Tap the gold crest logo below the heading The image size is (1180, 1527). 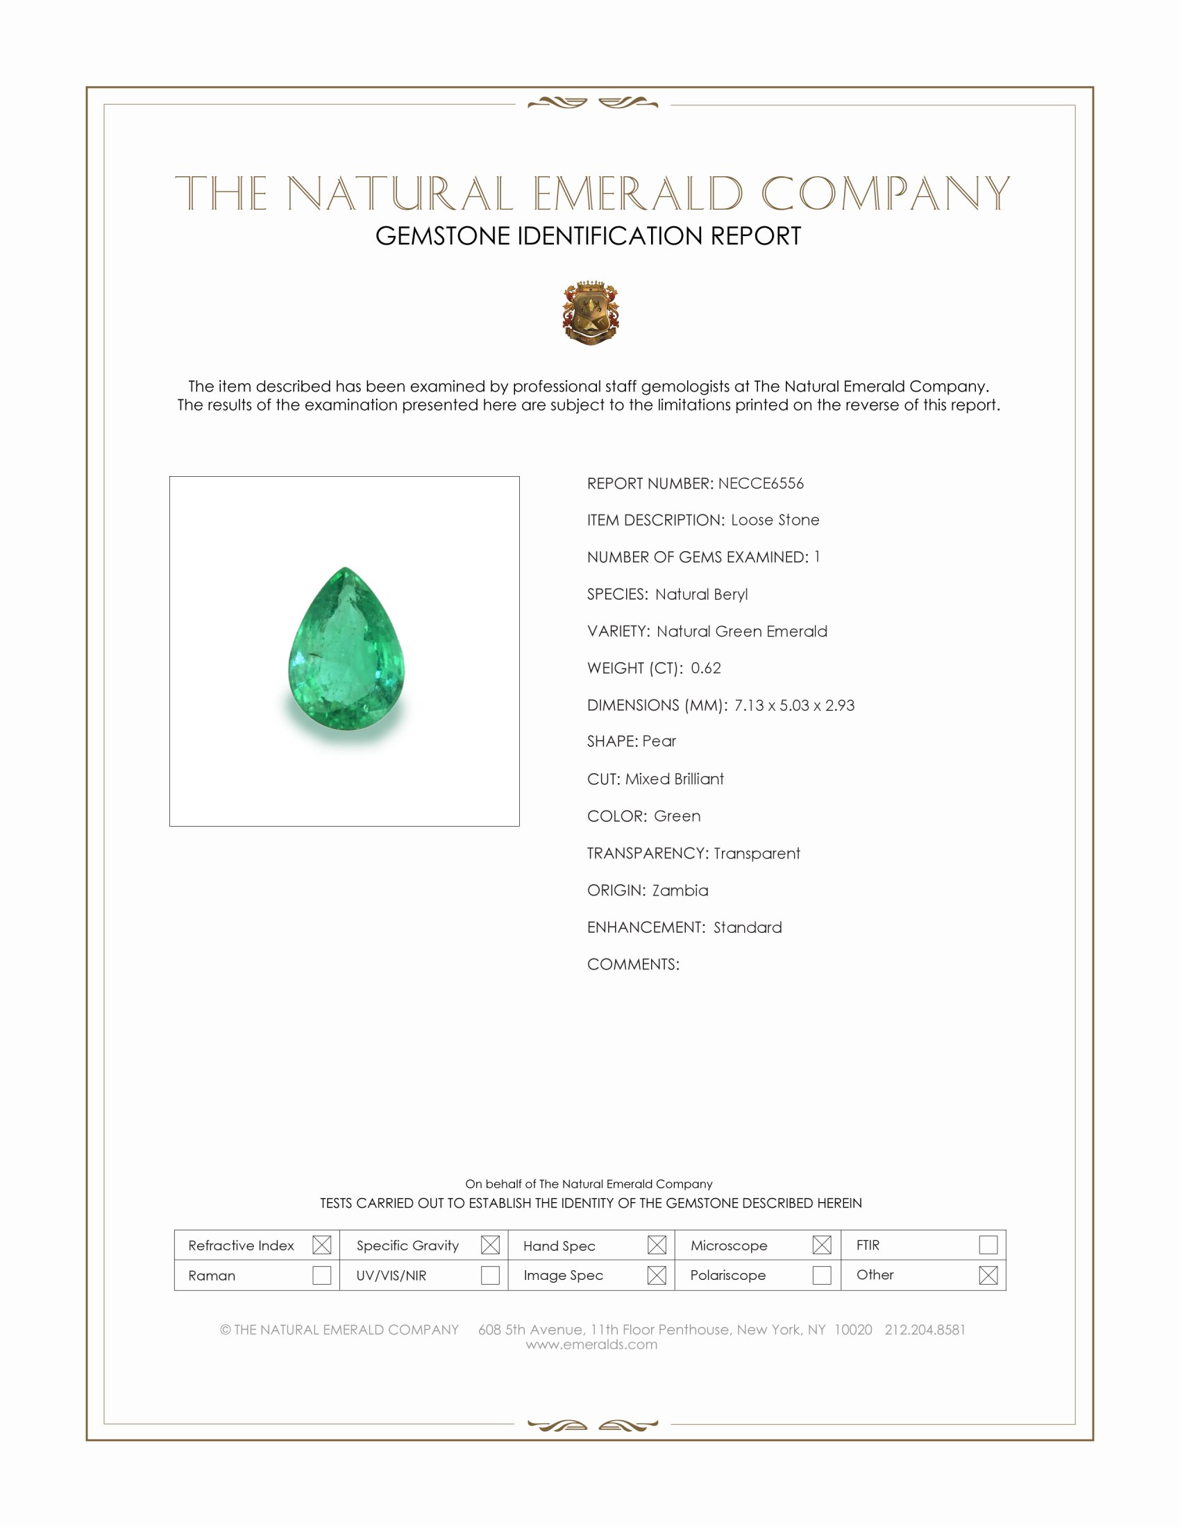(591, 312)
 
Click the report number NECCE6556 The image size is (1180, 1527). (761, 483)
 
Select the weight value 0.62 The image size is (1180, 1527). (705, 668)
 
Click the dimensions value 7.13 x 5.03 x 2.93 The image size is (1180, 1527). (794, 705)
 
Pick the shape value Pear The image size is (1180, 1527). (659, 741)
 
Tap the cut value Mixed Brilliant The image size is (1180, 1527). (674, 779)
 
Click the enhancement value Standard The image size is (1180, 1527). (748, 927)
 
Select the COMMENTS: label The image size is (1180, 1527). (632, 964)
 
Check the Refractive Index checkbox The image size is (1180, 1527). (321, 1245)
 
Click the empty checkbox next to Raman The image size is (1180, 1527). (321, 1275)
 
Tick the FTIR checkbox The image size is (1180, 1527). (988, 1245)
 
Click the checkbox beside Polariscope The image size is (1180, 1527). (822, 1275)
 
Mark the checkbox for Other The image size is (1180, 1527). (988, 1275)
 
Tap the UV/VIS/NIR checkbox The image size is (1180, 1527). (490, 1275)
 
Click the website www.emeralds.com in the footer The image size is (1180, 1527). (591, 1344)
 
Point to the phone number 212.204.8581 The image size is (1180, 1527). (924, 1329)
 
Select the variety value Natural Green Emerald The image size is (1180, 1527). (741, 632)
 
